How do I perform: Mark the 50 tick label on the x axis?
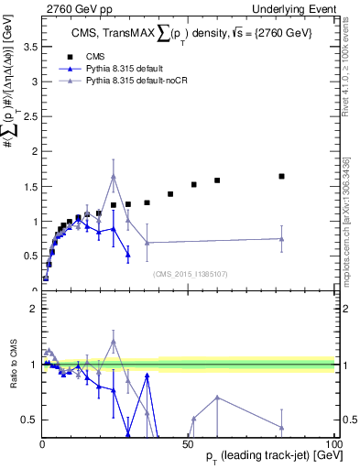click(189, 443)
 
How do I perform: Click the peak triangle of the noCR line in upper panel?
click(114, 177)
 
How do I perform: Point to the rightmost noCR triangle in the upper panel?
click(282, 239)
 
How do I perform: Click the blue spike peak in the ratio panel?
click(147, 376)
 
